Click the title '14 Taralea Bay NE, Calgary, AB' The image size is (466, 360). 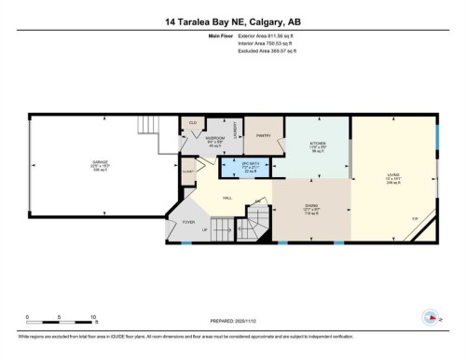(232, 21)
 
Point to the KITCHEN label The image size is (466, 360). (317, 146)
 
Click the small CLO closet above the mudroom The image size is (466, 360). (193, 122)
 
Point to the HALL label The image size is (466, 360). (227, 198)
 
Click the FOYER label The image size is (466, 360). (188, 223)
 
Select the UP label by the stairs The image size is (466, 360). (216, 228)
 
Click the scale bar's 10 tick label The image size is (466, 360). (93, 318)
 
